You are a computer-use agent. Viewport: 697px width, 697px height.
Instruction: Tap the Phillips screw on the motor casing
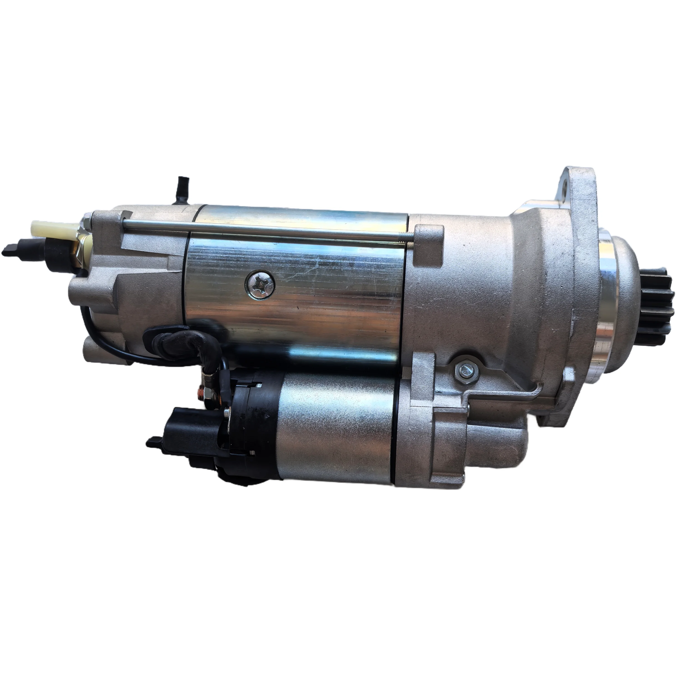[260, 285]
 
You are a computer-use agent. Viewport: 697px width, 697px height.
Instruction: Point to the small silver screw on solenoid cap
[226, 411]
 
